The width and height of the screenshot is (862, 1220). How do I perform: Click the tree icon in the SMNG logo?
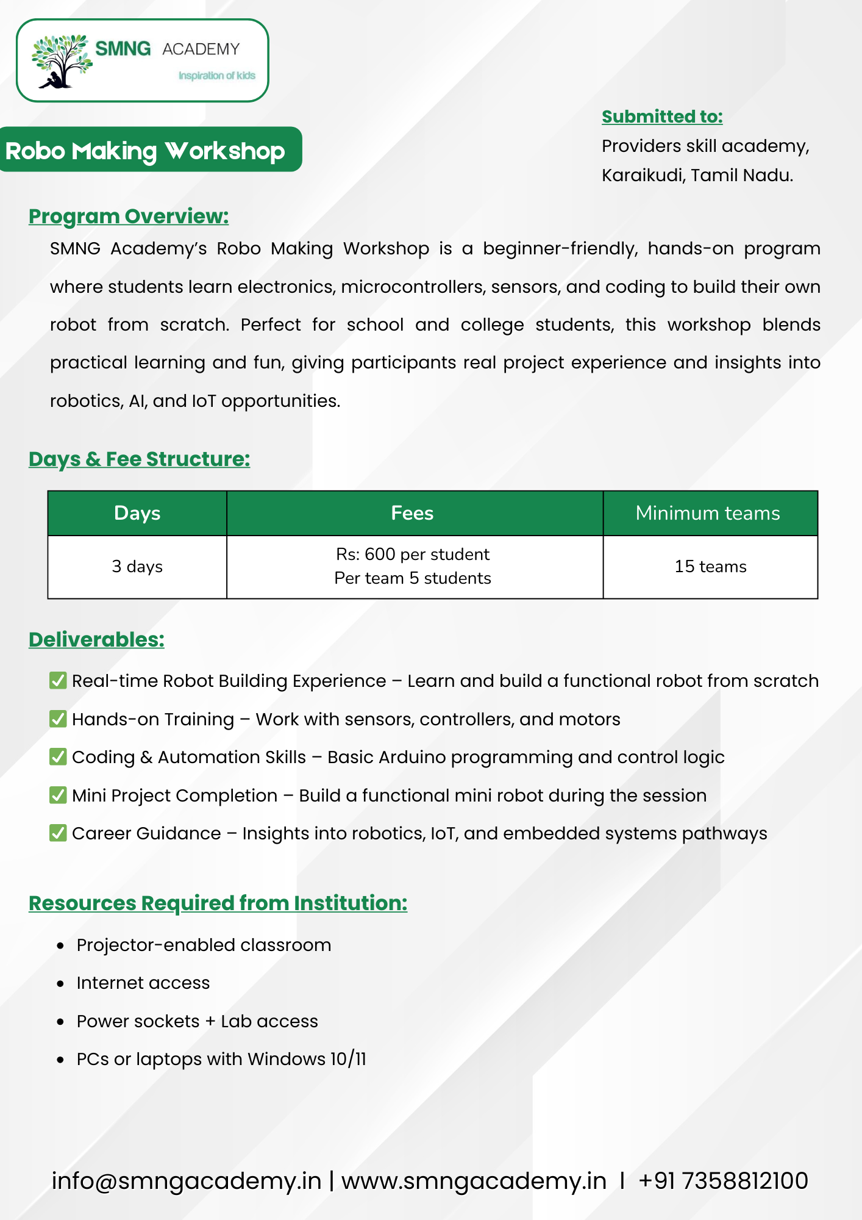tap(60, 61)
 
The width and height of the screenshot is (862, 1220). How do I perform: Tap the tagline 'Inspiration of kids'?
tap(216, 76)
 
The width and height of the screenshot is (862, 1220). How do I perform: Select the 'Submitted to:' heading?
tap(662, 117)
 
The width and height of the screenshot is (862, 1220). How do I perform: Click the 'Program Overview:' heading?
tap(129, 216)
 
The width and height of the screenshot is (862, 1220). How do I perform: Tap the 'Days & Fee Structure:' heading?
tap(139, 459)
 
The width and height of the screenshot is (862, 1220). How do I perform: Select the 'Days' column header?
tap(137, 513)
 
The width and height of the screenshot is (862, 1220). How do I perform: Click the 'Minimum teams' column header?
tap(708, 513)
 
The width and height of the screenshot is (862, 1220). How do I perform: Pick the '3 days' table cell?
tap(137, 567)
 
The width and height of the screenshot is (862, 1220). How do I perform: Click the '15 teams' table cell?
tap(710, 567)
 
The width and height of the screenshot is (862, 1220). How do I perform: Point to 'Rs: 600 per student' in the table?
tap(413, 554)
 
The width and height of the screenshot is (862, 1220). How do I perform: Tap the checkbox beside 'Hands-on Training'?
tap(58, 719)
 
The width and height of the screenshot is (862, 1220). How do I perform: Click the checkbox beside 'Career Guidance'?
tap(58, 833)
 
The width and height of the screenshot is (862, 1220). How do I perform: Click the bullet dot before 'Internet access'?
tap(60, 984)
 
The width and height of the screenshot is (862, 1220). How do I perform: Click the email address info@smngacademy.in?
tap(187, 1181)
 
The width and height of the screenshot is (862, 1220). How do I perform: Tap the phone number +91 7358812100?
tap(723, 1181)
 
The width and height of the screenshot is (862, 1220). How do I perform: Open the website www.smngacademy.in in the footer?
tap(474, 1181)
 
